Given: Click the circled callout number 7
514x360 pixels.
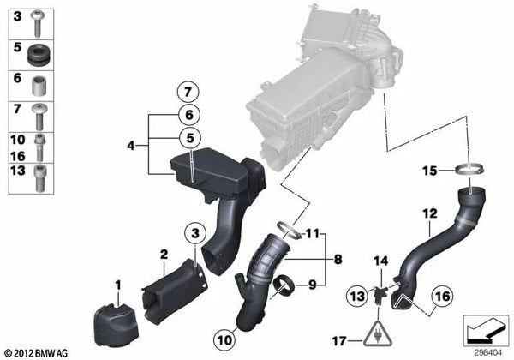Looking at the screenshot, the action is click(188, 92).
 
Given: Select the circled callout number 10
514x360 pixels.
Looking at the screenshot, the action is click(224, 340).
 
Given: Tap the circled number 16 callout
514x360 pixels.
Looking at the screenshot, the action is click(442, 297).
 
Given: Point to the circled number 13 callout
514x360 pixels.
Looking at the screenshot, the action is click(357, 296).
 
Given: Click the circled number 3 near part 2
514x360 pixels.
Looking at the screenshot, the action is click(195, 233).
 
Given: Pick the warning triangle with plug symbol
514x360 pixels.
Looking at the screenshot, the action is click(378, 334).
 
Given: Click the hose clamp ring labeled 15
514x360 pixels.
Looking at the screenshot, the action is click(469, 170).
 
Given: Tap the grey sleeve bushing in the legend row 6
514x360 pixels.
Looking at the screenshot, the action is click(39, 86).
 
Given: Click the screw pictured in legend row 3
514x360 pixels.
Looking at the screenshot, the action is click(37, 23).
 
